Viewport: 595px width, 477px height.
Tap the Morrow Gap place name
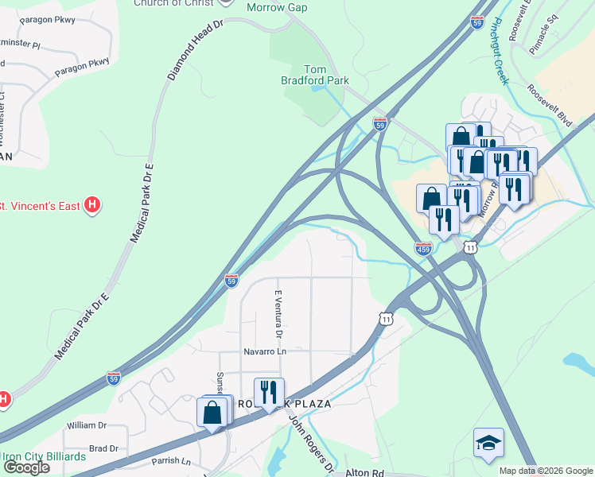point(277,8)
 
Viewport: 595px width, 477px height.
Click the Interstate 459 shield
point(424,250)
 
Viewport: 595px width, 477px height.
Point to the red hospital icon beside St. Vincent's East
point(93,206)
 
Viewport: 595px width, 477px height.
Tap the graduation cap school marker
point(488,442)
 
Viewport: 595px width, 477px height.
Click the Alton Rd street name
point(365,472)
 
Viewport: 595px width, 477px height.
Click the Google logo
point(26,467)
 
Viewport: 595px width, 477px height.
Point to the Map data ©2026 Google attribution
point(546,471)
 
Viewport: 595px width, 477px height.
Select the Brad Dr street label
point(104,448)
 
